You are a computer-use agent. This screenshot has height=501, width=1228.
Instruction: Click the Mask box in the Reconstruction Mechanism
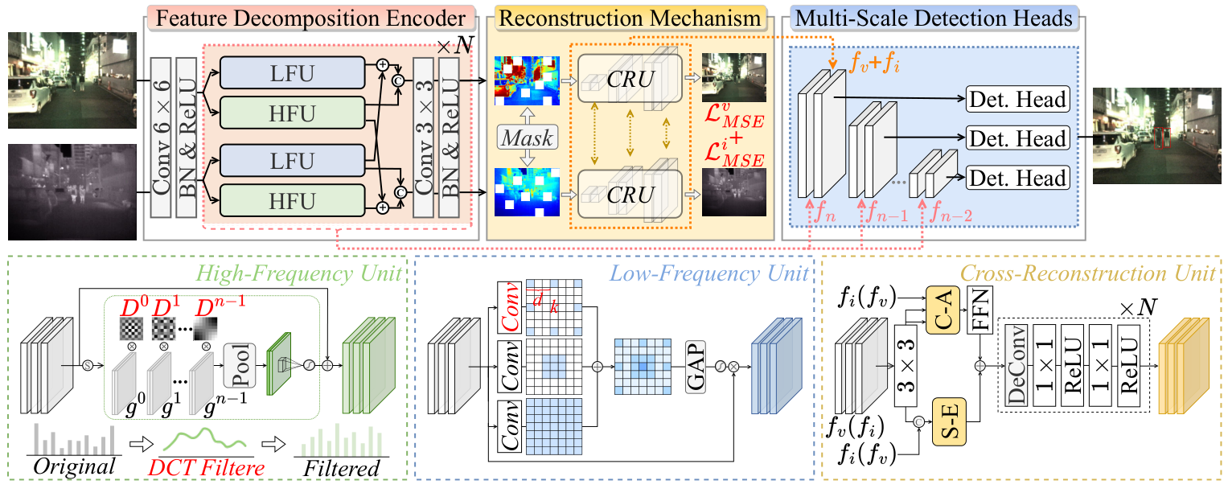(x=528, y=138)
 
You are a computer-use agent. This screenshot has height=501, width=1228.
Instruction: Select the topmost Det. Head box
(x=1018, y=100)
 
